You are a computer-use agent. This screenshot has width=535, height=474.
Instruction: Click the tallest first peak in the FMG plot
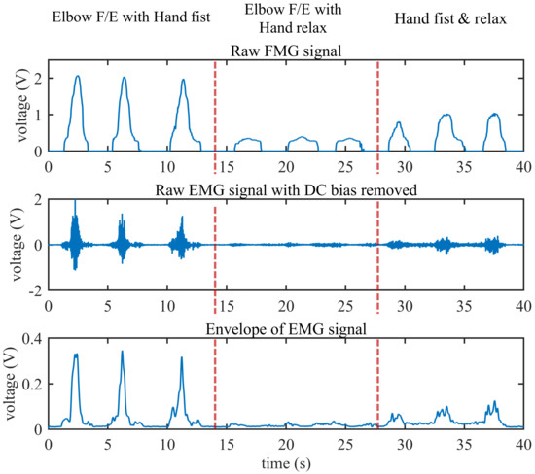click(x=77, y=77)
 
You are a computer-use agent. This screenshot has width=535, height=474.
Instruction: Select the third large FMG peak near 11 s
click(x=183, y=80)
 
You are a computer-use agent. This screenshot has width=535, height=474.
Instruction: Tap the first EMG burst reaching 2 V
click(x=75, y=202)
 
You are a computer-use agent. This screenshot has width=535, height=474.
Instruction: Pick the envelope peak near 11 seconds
click(x=182, y=359)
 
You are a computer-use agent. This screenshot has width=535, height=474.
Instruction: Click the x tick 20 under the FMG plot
click(x=286, y=165)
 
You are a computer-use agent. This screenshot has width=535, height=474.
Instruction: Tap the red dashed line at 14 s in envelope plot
click(x=215, y=389)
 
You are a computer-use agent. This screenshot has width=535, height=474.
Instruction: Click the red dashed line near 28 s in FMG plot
click(x=377, y=107)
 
